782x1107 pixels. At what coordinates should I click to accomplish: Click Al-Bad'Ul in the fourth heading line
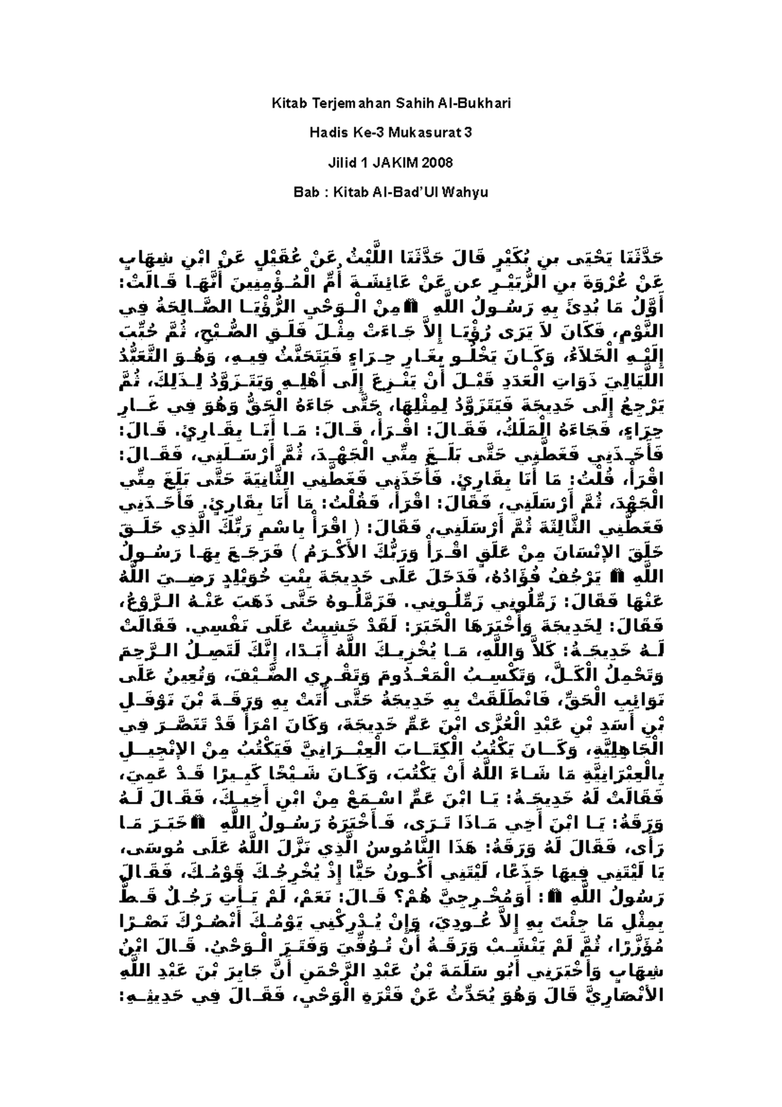click(x=403, y=193)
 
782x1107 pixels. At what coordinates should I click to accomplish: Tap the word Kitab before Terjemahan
click(x=286, y=104)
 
